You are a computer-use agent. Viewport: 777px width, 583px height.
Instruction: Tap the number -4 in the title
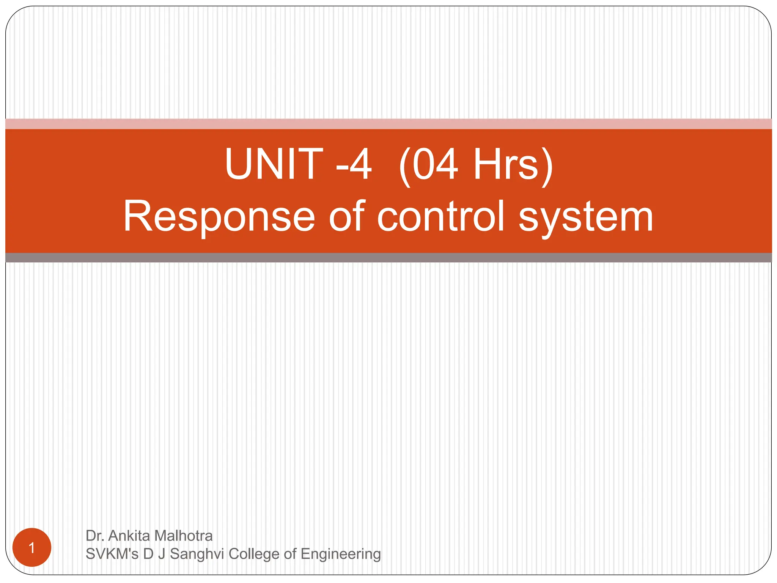[354, 165]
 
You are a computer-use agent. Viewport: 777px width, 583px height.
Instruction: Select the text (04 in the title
[429, 165]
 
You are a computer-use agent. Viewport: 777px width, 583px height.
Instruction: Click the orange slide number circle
[32, 547]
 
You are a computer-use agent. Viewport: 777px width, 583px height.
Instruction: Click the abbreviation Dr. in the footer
[95, 536]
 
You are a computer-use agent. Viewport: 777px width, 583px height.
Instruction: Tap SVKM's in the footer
[112, 554]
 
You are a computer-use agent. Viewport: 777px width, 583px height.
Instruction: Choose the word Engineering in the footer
[341, 554]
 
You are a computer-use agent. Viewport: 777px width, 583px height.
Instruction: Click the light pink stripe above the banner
[388, 124]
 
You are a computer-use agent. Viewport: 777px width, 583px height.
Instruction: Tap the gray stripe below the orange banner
[388, 258]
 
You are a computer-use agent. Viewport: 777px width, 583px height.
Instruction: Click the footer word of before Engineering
[290, 554]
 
